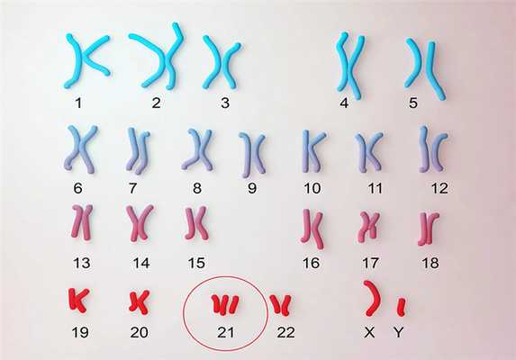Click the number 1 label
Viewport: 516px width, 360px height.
[x=78, y=103]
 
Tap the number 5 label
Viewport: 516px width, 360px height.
[x=413, y=103]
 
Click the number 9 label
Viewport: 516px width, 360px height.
[x=252, y=188]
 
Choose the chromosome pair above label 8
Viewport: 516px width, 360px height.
[x=197, y=149]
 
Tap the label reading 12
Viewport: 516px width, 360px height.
[x=439, y=188]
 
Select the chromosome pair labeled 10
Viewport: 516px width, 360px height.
[x=313, y=151]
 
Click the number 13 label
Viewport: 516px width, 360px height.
[x=81, y=263]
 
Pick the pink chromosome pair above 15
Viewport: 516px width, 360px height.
[x=196, y=223]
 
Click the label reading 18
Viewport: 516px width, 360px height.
[x=430, y=263]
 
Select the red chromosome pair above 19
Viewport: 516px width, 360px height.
[x=78, y=300]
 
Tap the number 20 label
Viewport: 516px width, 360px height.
[x=139, y=332]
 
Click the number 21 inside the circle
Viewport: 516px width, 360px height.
[x=226, y=332]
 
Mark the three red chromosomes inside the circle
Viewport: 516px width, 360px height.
[x=225, y=305]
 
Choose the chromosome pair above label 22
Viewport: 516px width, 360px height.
[x=281, y=305]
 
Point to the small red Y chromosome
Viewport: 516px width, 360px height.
[x=401, y=307]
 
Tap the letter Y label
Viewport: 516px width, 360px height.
[x=399, y=332]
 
